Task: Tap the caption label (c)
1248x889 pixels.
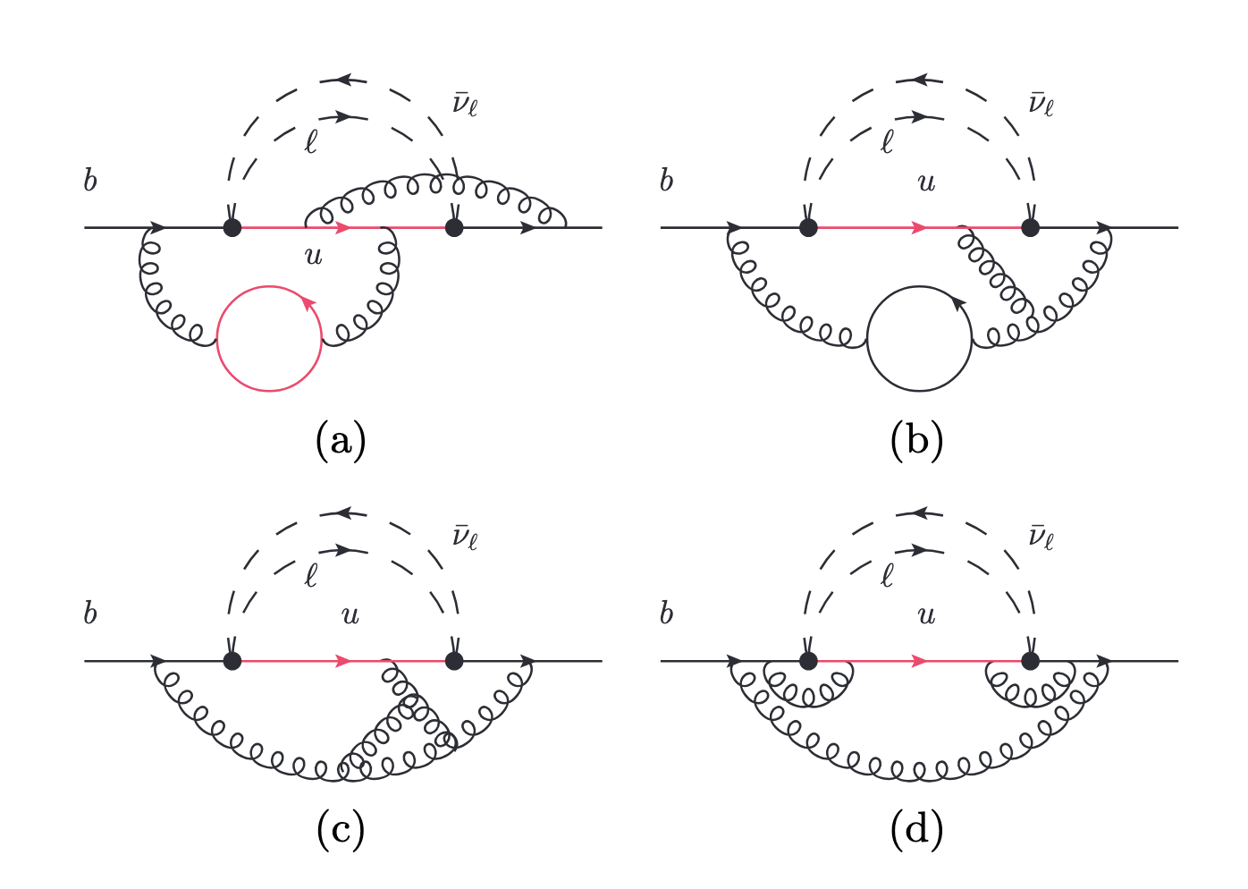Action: pos(341,831)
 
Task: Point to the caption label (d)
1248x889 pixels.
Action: pos(916,831)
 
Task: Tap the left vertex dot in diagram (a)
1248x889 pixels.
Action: pos(232,227)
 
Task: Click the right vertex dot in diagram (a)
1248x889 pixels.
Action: pos(454,227)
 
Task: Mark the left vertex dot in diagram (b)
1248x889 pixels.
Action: pos(808,227)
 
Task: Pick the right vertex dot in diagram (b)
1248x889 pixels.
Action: pos(1030,227)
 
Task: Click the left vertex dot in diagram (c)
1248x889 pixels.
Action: pos(232,661)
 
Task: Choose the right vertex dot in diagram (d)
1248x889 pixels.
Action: pos(1030,661)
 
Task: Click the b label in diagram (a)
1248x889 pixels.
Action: pos(90,181)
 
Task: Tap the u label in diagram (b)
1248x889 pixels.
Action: pos(927,183)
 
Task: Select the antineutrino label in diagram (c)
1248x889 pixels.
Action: pos(465,537)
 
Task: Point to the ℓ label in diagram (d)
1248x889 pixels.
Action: pos(887,575)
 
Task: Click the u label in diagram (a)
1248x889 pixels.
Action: pos(313,257)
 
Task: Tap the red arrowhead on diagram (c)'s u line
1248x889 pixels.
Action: pos(342,661)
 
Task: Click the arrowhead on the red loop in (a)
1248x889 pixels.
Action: pos(309,305)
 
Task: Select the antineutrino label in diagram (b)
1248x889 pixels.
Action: pos(1041,104)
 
